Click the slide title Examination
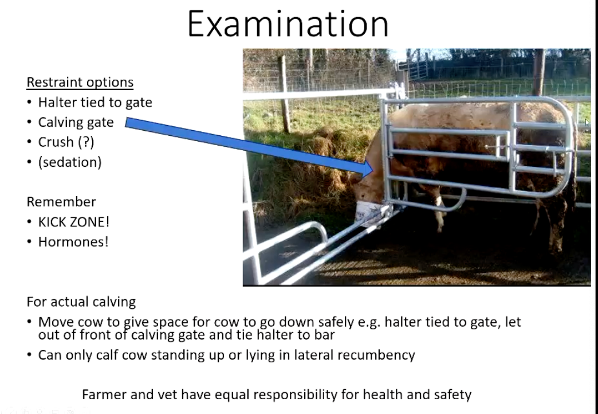coord(288,24)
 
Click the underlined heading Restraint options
coord(80,83)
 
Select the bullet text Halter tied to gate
coord(95,103)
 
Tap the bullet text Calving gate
coord(76,122)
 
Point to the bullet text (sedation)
coord(70,162)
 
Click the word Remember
coord(61,202)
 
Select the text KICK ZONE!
coord(73,222)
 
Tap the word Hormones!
coord(73,241)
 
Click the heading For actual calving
coord(81,302)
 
